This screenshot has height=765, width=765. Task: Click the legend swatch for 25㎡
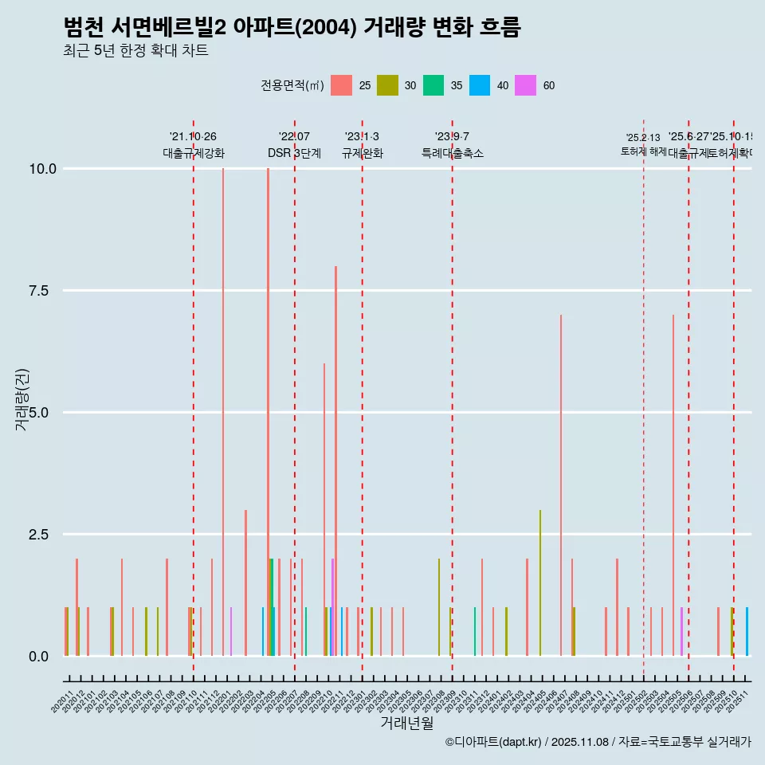point(341,85)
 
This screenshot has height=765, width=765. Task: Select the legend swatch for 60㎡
point(525,85)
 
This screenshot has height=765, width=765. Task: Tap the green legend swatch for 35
point(433,85)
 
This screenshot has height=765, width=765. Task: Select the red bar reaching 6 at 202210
point(324,510)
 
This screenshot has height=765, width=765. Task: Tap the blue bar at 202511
point(747,632)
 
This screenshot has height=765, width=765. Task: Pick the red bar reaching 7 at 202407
point(561,485)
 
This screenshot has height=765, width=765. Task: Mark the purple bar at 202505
point(681,632)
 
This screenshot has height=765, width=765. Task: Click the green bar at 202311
point(475,632)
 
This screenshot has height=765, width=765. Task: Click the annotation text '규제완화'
point(363,154)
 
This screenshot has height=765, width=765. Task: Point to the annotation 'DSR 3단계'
point(294,154)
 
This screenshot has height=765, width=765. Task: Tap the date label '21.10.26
point(193,137)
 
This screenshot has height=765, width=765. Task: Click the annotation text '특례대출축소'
point(453,154)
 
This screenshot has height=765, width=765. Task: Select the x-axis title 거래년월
point(406,724)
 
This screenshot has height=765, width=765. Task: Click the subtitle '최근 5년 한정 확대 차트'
point(135,51)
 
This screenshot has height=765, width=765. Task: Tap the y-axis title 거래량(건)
point(22,399)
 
